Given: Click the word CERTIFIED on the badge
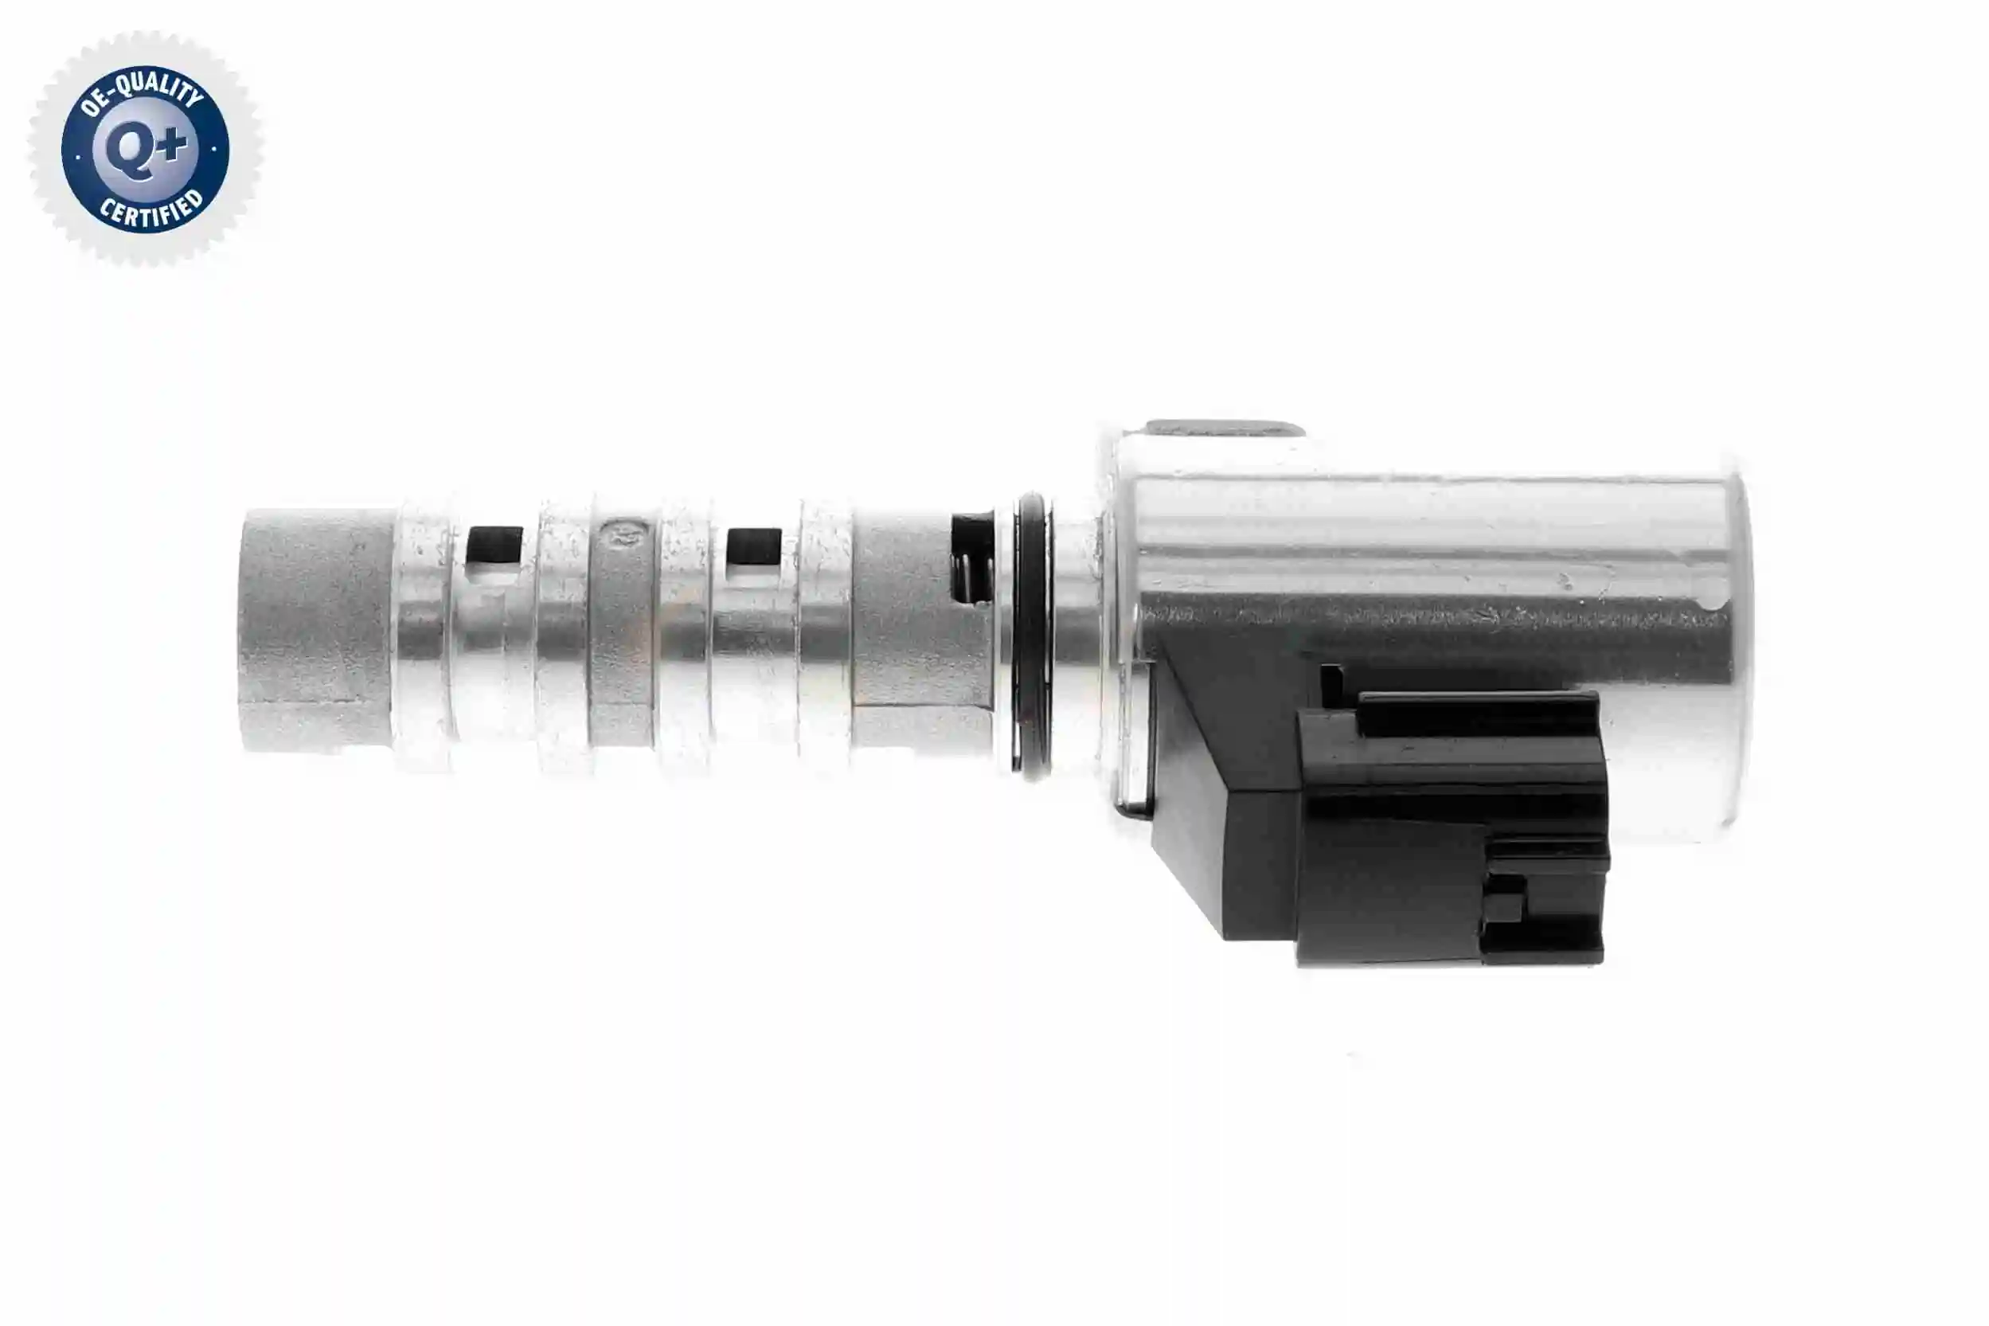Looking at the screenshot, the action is coord(152,208).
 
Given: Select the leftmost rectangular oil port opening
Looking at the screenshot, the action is coord(494,546).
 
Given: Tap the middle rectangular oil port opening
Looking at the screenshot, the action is coord(754,547).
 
